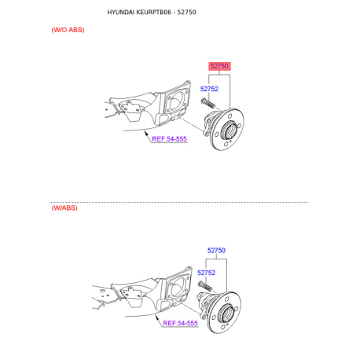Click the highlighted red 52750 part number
point(219,67)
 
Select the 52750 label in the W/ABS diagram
point(216,251)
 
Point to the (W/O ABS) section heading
point(68,29)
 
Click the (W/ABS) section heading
point(64,208)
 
